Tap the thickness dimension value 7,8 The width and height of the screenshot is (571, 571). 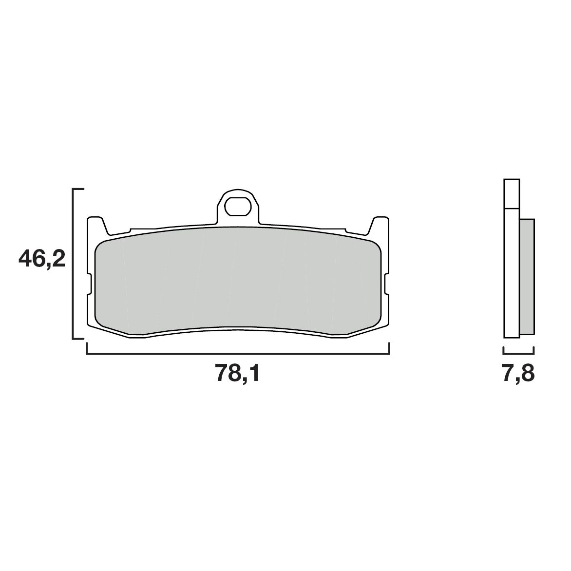click(x=518, y=374)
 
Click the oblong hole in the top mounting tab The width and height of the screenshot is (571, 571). click(x=237, y=206)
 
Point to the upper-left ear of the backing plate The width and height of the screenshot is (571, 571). click(x=96, y=225)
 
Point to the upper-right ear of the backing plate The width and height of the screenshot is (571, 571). click(x=380, y=225)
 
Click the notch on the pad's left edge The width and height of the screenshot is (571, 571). click(x=90, y=285)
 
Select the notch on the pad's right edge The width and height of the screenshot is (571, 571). click(x=386, y=285)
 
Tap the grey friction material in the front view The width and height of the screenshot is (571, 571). click(x=237, y=280)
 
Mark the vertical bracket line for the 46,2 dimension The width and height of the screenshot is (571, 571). click(x=73, y=263)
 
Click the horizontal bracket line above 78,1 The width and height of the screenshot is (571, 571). click(x=237, y=354)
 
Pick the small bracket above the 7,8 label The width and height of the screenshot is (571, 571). click(x=518, y=353)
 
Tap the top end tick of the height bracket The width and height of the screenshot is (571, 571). click(x=78, y=188)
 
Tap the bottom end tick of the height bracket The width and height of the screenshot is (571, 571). click(x=78, y=338)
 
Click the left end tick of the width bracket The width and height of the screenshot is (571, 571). click(x=87, y=349)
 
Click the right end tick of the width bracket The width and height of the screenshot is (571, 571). click(x=389, y=349)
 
